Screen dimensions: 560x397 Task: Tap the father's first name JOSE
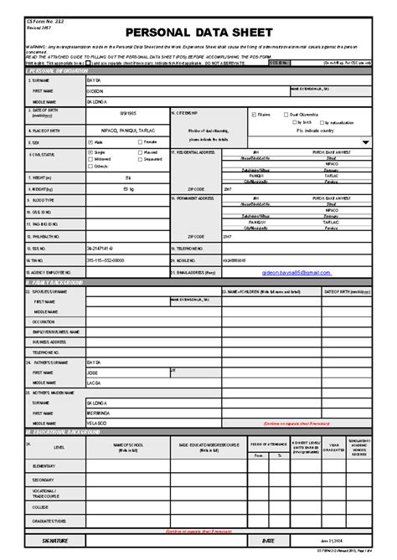(x=94, y=369)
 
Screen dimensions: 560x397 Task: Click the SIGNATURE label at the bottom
(x=43, y=542)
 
